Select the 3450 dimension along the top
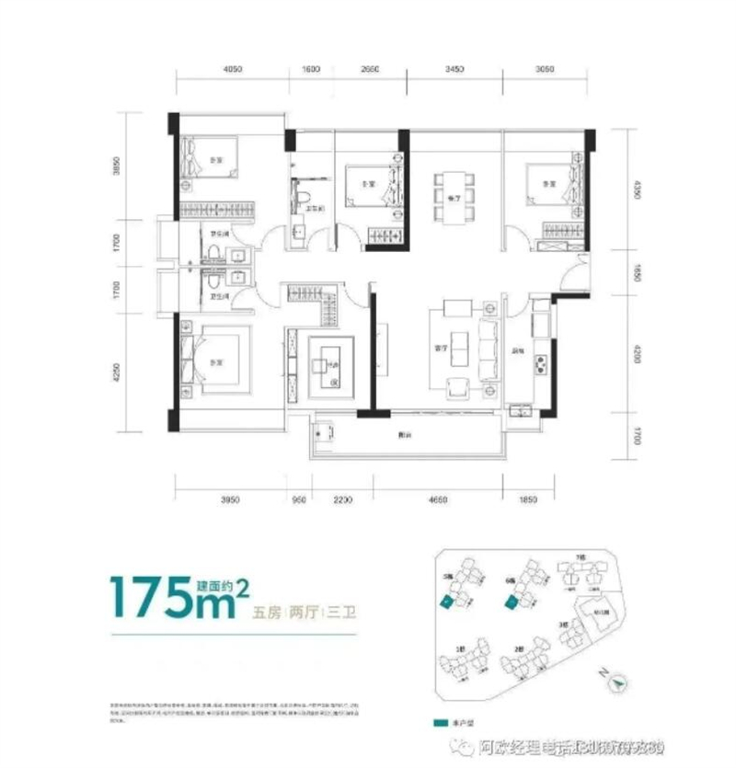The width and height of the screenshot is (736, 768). click(x=452, y=70)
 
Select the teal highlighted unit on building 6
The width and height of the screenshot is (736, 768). click(x=509, y=602)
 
